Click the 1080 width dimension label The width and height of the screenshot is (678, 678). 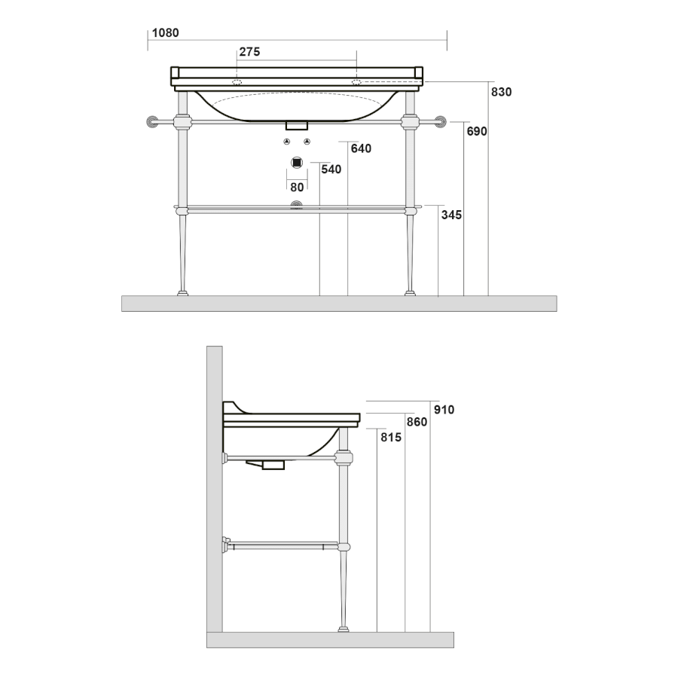165,33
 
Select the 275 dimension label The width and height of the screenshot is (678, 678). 249,52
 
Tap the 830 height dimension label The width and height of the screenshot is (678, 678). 501,92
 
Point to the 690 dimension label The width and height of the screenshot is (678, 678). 477,131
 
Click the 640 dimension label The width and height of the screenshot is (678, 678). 361,148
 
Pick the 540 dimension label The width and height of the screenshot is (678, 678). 331,169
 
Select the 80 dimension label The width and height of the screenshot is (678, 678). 297,188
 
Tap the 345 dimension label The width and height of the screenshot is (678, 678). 451,215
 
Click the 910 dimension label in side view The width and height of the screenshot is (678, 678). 444,410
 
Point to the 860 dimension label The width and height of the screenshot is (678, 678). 417,422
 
